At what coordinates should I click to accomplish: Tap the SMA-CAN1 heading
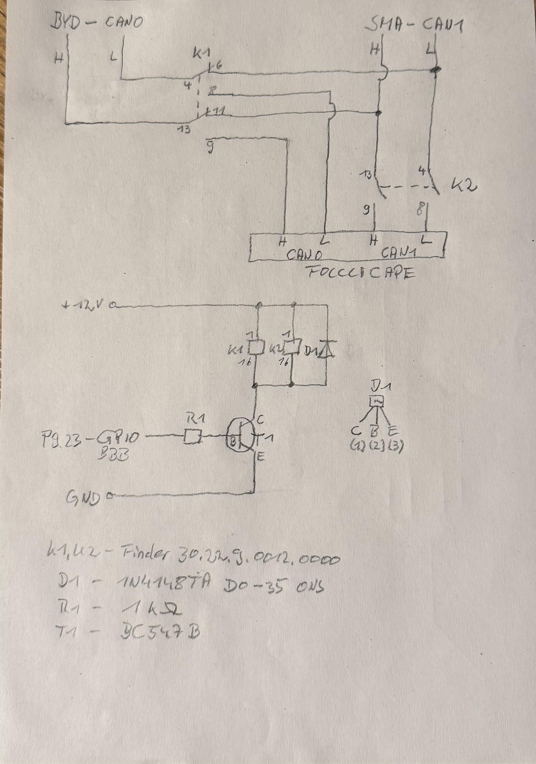pos(414,26)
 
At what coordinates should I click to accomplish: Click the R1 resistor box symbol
pos(192,436)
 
